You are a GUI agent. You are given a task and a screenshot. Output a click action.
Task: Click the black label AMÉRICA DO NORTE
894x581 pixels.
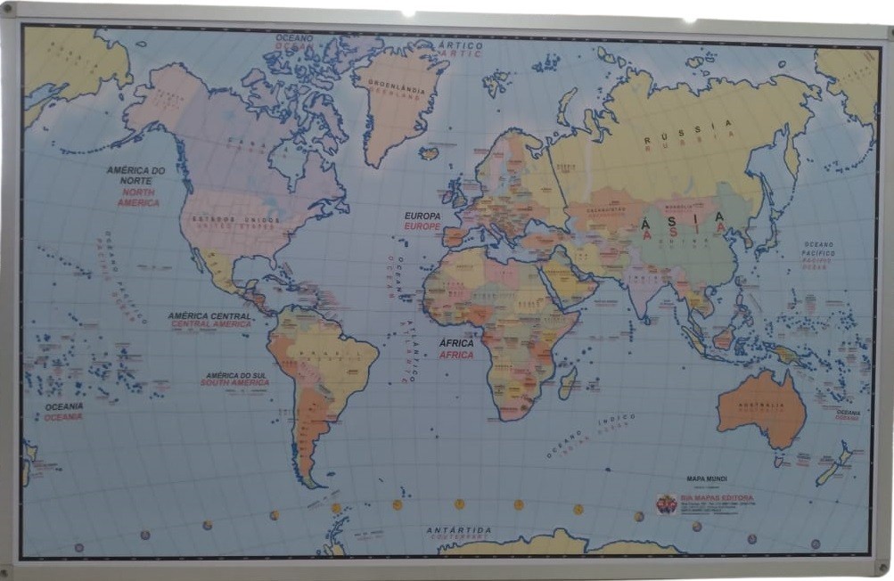coord(136,175)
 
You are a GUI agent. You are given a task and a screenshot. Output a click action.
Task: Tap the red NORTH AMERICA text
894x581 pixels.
coord(138,198)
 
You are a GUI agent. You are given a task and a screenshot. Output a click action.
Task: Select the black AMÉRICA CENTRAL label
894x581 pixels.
coord(209,315)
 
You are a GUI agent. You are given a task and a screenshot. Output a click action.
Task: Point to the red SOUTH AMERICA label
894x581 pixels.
coord(234,383)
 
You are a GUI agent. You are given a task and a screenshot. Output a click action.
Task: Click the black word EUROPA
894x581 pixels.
coord(422,216)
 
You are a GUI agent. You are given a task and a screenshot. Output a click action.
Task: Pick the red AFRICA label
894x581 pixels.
coord(456,355)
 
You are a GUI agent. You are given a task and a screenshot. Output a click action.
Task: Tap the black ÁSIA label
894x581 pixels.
coord(683,216)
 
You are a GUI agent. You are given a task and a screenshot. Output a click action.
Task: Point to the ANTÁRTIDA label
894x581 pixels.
coord(459,530)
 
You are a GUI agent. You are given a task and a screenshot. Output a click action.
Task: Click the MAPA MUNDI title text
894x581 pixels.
coord(707,479)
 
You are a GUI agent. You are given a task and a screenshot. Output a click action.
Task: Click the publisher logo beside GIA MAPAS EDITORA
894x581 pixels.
coord(667,504)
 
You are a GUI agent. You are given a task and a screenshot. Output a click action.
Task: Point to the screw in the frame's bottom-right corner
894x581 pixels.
coord(882,565)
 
